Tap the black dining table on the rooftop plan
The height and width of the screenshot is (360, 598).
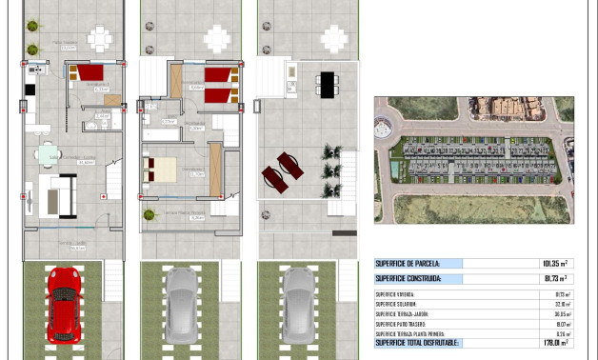[328, 84]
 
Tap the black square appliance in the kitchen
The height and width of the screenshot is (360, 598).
[30, 90]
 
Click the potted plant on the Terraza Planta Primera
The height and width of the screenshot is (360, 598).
[331, 152]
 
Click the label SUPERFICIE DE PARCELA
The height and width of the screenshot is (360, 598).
[408, 264]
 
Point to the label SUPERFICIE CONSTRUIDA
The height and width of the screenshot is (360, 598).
[409, 279]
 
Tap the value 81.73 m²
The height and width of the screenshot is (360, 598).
[553, 279]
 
